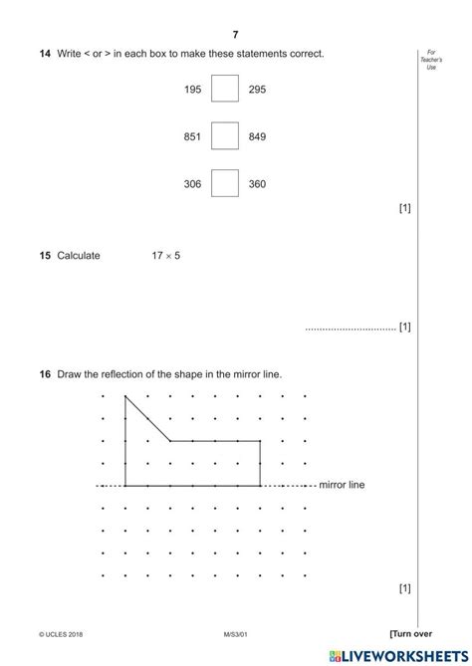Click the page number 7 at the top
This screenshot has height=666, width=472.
click(x=236, y=35)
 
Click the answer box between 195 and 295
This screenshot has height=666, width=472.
click(x=225, y=90)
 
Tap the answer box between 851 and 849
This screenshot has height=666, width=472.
click(x=225, y=136)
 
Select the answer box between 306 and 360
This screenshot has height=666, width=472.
click(x=225, y=184)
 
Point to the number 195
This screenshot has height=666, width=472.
click(x=192, y=90)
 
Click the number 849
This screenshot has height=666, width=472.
click(x=257, y=137)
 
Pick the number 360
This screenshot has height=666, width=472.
click(x=257, y=184)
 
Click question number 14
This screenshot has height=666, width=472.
click(x=45, y=53)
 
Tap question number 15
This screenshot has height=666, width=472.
click(x=45, y=256)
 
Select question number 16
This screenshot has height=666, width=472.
click(x=45, y=374)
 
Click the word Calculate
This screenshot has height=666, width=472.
click(x=79, y=256)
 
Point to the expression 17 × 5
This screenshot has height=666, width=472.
click(x=165, y=256)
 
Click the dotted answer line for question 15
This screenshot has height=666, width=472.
click(x=350, y=328)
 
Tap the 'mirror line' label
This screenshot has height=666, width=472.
click(x=342, y=486)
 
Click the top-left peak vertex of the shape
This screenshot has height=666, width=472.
click(x=125, y=396)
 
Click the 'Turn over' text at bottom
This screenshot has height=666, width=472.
click(x=409, y=633)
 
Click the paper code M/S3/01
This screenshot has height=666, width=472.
click(x=236, y=634)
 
